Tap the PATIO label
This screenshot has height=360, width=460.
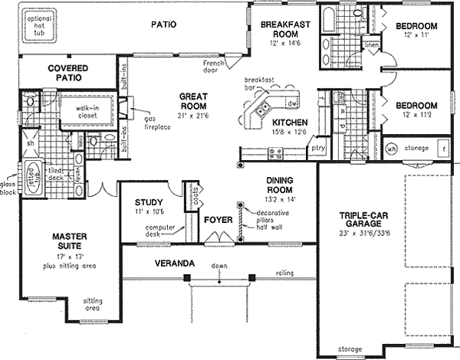point(163,25)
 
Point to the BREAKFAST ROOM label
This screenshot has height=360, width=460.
point(285,28)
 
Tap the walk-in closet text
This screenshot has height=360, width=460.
point(91,113)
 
